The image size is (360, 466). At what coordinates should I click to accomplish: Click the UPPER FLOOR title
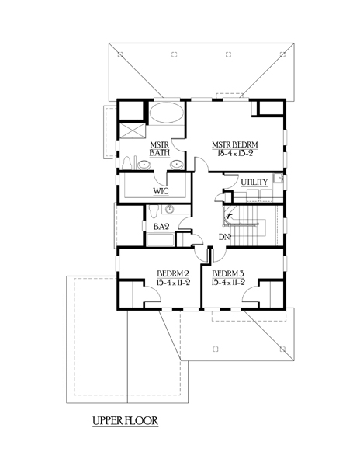click(125, 421)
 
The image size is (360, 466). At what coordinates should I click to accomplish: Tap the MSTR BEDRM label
click(235, 144)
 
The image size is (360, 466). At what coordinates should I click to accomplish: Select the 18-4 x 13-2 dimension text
click(235, 153)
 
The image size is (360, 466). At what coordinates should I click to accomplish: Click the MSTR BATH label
click(159, 149)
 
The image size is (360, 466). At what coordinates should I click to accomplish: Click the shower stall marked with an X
click(132, 130)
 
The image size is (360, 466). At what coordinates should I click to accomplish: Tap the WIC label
click(161, 190)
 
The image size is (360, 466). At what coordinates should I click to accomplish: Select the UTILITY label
click(254, 182)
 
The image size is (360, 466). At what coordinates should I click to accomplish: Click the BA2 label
click(161, 227)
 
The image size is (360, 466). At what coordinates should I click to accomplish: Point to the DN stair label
click(224, 237)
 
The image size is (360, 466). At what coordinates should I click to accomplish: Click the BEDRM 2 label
click(173, 273)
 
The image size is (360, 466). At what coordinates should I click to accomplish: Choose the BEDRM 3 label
click(228, 273)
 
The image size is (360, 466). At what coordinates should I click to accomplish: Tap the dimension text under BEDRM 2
click(173, 282)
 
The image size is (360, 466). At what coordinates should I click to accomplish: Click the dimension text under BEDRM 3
click(228, 282)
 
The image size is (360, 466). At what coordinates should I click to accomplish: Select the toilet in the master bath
click(127, 163)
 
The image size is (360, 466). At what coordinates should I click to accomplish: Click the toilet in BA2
click(154, 210)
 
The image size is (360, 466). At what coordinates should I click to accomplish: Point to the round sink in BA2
click(169, 209)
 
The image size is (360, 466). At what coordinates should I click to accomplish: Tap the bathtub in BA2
click(160, 240)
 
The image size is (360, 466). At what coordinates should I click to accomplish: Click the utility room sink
click(279, 178)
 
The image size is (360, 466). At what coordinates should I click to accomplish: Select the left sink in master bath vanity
click(144, 164)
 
